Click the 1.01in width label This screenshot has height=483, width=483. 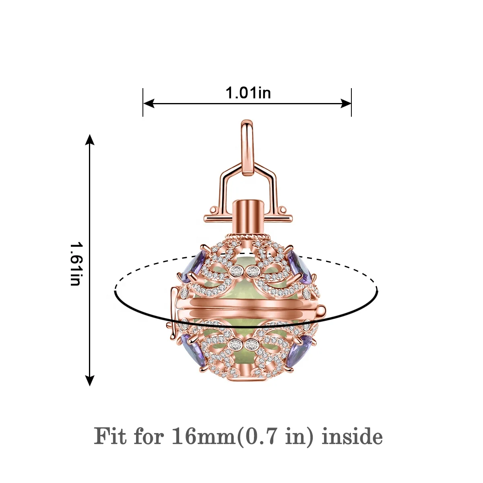coord(248,93)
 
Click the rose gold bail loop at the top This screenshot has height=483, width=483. coord(248,147)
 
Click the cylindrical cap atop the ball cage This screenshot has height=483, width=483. coord(248,217)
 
